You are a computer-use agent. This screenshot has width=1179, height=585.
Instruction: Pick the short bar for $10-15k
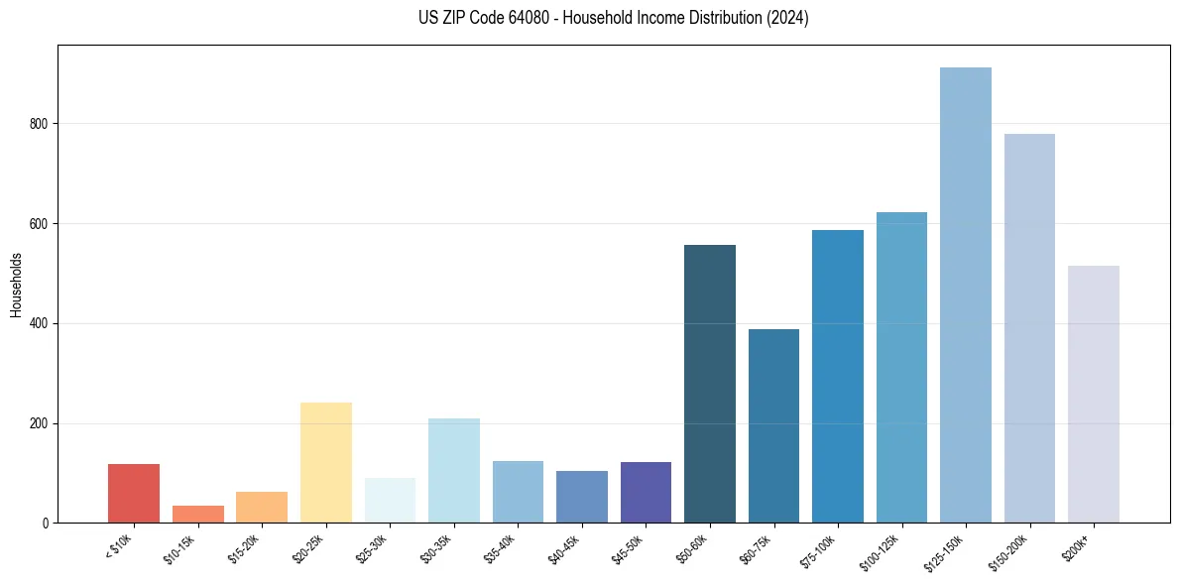198,515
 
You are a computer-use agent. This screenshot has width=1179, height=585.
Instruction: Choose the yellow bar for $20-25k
326,462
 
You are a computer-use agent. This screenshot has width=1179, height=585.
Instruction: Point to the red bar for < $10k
134,493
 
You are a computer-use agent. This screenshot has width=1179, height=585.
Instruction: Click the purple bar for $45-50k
646,492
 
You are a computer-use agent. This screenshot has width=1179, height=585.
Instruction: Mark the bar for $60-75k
773,425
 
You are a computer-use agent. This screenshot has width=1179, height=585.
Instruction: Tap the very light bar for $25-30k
390,500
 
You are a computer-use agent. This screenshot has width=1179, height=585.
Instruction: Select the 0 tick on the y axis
46,524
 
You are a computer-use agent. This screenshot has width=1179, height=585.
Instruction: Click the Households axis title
16,285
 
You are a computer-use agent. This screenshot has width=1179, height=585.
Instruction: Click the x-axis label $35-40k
503,548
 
